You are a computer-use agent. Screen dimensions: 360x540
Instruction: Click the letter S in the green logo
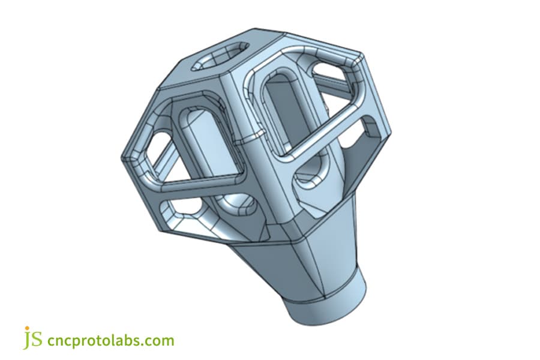37,340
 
